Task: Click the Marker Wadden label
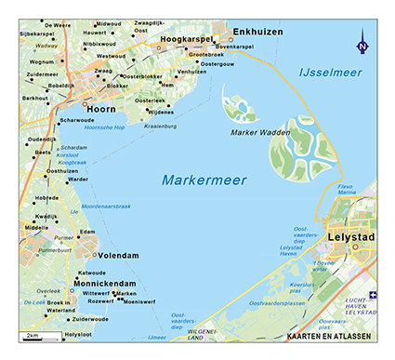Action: click(x=257, y=133)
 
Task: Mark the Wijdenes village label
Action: click(x=162, y=112)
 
